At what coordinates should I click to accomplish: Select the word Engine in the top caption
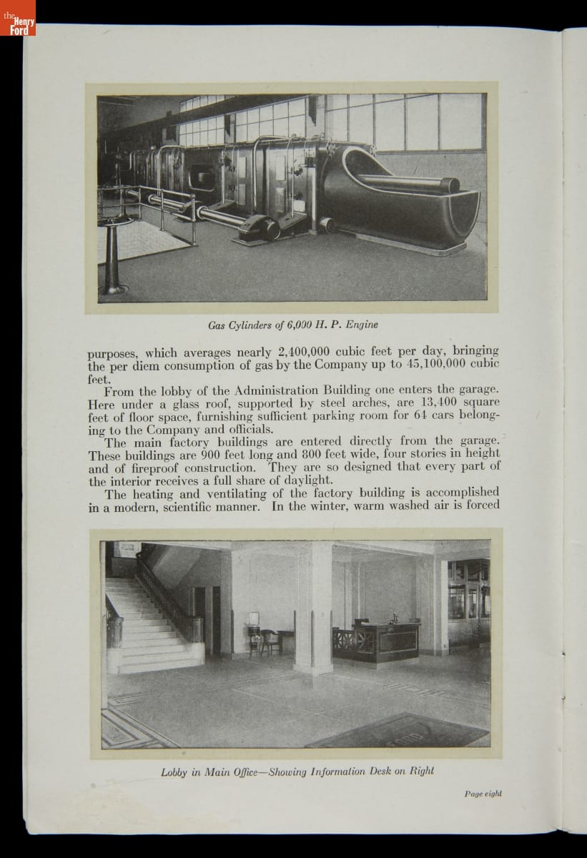(361, 325)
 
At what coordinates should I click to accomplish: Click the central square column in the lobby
(313, 608)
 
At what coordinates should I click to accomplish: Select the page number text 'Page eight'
(483, 794)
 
